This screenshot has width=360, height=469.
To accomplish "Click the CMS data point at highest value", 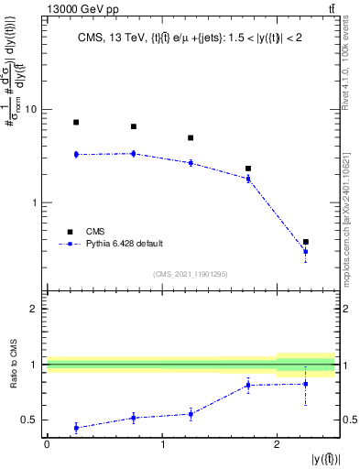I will (x=76, y=122).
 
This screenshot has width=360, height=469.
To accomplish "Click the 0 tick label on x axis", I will (x=47, y=444).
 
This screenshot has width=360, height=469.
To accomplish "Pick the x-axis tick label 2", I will (x=277, y=444).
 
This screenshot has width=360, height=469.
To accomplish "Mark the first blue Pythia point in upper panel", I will (x=76, y=154).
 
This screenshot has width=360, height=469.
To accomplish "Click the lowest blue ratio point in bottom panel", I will (x=76, y=428).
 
